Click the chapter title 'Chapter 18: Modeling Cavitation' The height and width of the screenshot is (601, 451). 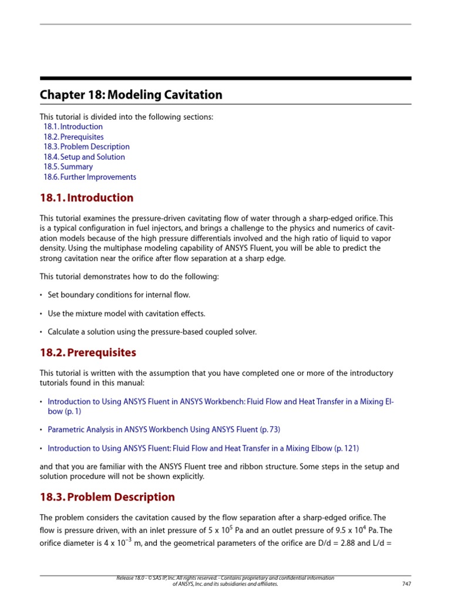tap(131, 94)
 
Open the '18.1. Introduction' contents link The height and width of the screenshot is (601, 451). tap(73, 127)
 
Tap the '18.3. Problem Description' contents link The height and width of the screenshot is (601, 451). tap(86, 147)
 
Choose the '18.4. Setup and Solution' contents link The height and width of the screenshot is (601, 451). tap(84, 157)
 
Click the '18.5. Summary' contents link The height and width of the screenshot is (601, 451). tap(68, 167)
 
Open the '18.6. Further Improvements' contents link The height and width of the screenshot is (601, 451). tap(89, 177)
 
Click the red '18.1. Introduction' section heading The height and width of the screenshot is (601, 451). tap(86, 198)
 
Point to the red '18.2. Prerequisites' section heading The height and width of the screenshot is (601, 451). tap(87, 353)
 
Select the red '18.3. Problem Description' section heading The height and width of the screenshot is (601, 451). tap(107, 497)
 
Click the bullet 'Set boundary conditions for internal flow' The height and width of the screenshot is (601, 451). tap(119, 295)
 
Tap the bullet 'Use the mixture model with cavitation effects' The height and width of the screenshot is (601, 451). tap(126, 313)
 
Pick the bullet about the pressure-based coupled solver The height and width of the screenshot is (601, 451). tap(152, 332)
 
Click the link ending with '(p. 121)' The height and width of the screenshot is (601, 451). tap(203, 448)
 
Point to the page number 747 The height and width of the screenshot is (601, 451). tap(406, 584)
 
